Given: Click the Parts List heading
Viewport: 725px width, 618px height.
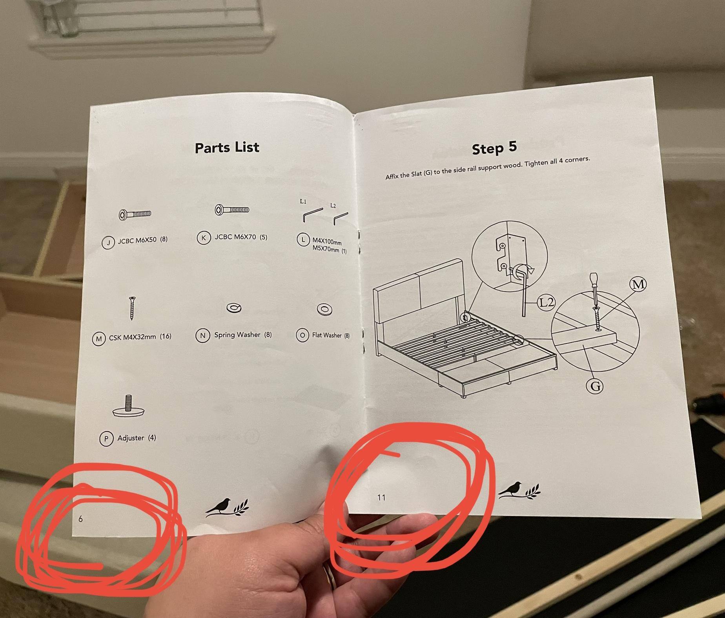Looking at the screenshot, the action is (227, 148).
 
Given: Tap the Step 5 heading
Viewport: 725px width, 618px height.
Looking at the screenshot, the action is (494, 148).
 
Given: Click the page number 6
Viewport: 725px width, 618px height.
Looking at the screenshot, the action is (80, 519).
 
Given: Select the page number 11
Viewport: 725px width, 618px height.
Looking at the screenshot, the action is (381, 498).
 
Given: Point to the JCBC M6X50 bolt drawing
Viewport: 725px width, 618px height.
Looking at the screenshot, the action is (135, 214).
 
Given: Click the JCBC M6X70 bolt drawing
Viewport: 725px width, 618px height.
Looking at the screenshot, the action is (232, 210).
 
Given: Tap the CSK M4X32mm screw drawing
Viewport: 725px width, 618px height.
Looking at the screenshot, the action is (132, 308).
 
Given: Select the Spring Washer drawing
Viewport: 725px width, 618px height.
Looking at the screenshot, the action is (234, 308).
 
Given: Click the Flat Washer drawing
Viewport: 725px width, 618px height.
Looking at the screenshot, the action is (324, 310).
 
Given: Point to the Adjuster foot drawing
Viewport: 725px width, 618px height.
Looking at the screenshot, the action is (128, 406).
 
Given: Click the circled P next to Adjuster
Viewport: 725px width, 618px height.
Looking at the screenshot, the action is (106, 439).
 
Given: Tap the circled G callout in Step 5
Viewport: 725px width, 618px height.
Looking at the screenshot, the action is (595, 386).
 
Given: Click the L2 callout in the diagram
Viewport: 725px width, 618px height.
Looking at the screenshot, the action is (546, 302).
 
